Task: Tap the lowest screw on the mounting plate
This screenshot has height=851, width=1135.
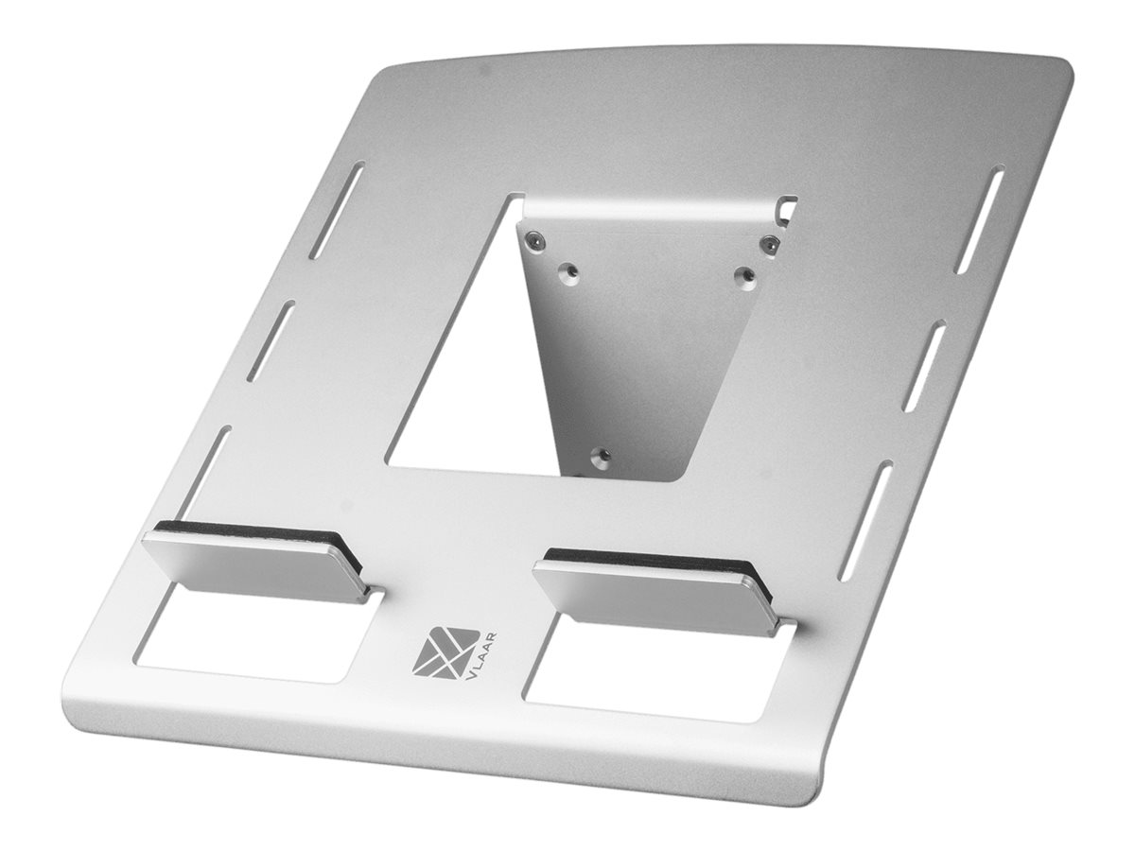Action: pos(598,457)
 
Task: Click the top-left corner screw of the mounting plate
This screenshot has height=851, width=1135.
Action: pos(536,240)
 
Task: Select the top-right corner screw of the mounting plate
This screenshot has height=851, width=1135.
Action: pos(771,243)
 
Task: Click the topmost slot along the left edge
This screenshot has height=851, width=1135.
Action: pos(338,210)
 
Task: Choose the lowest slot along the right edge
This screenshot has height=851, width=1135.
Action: pos(864,519)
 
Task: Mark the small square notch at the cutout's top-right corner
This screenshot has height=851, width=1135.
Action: pos(787,204)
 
